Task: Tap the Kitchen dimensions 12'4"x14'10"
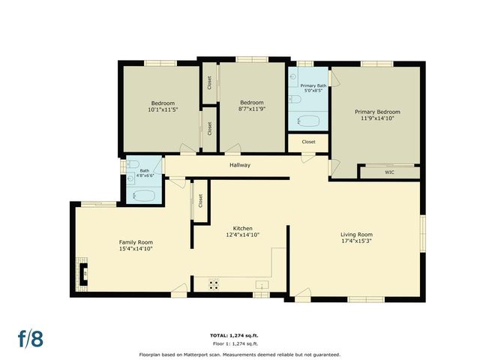[242, 235]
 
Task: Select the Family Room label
[136, 241]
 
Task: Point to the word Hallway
[240, 165]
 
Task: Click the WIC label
[389, 172]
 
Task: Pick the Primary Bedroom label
[377, 111]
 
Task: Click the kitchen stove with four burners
[214, 284]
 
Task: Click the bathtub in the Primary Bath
[309, 120]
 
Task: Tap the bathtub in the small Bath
[144, 196]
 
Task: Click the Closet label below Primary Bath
[308, 142]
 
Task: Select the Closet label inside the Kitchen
[200, 201]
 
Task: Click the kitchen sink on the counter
[262, 284]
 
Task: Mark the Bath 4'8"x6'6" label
[144, 173]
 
